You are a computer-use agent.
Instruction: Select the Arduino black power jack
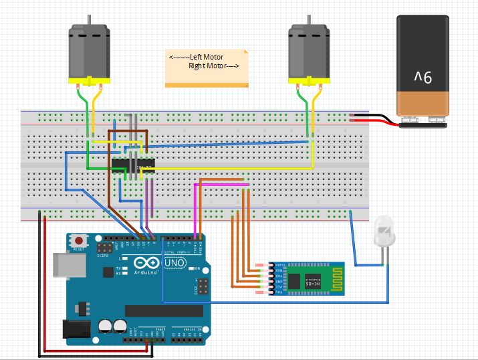(76, 329)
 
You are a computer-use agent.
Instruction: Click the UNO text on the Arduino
(175, 265)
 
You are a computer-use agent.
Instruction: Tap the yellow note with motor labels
(206, 68)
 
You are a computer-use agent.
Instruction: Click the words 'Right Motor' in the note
(209, 66)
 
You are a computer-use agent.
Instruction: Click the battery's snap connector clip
(423, 121)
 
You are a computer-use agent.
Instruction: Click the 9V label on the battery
(423, 79)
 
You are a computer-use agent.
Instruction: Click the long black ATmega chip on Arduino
(164, 310)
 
